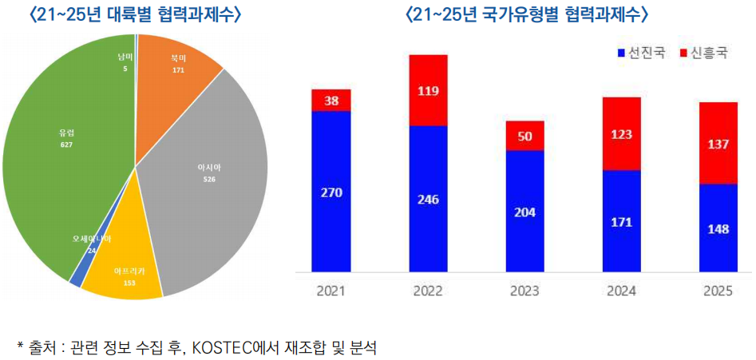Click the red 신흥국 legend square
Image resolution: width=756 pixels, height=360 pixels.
(x=683, y=53)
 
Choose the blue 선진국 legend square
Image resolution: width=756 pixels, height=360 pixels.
(x=621, y=53)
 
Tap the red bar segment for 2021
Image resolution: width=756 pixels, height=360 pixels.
(x=331, y=100)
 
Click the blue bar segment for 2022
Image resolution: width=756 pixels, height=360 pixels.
(x=428, y=199)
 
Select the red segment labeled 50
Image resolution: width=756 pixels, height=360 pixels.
(x=524, y=136)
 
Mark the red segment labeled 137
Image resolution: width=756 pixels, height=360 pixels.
(x=718, y=143)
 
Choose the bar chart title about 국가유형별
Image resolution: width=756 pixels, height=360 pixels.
(x=528, y=15)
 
